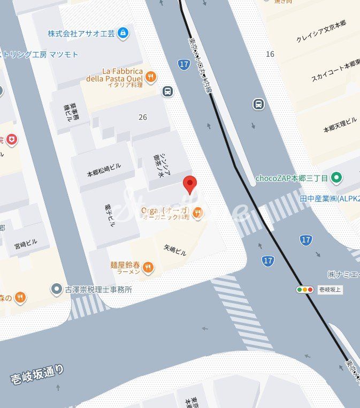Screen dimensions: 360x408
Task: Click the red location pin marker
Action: pos(189,184)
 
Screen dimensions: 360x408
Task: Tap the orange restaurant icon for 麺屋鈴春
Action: pos(149,267)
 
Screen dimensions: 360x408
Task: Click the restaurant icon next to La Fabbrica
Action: pos(152,76)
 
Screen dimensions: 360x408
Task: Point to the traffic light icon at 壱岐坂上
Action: pos(305,290)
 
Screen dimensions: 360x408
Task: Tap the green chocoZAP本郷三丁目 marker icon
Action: pos(336,178)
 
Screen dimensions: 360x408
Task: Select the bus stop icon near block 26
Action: pos(168,91)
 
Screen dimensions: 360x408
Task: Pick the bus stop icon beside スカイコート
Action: pos(259,104)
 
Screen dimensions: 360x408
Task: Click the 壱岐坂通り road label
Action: pos(37,374)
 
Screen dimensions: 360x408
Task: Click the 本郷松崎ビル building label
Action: pos(104,170)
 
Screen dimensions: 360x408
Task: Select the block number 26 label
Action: pos(142,117)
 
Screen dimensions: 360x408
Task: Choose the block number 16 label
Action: pos(270,54)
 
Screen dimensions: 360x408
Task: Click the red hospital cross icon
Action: pos(11,140)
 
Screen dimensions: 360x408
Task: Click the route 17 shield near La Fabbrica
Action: pos(184,65)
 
